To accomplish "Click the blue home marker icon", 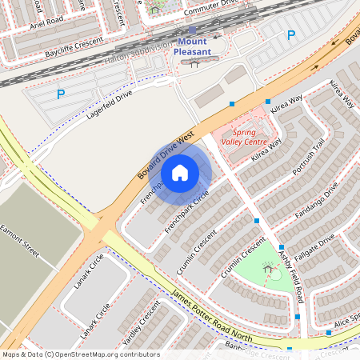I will click(180, 172).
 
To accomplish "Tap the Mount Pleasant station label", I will click(194, 46).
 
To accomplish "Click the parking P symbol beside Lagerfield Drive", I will click(60, 94).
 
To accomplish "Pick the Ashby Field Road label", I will click(290, 274).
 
